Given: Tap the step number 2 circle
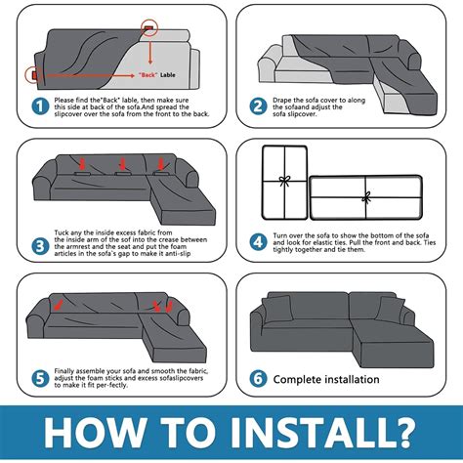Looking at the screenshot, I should pyautogui.click(x=258, y=106).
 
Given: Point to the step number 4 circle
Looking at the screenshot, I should pyautogui.click(x=258, y=239).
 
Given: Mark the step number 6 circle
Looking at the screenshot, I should pyautogui.click(x=258, y=377).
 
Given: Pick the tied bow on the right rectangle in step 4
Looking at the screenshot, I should pyautogui.click(x=366, y=195).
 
